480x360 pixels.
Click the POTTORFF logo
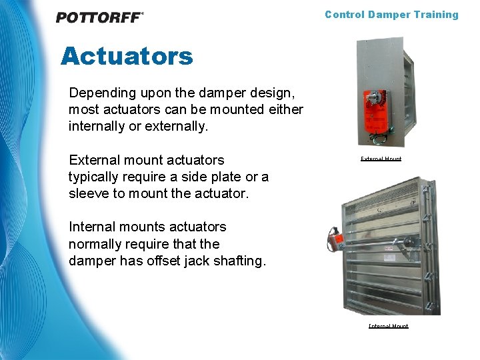(99, 17)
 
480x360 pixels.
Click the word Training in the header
(436, 15)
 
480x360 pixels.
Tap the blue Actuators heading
(127, 56)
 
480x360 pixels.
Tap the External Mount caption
(381, 159)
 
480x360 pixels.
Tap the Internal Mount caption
(388, 326)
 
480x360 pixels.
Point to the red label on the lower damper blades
(389, 247)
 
